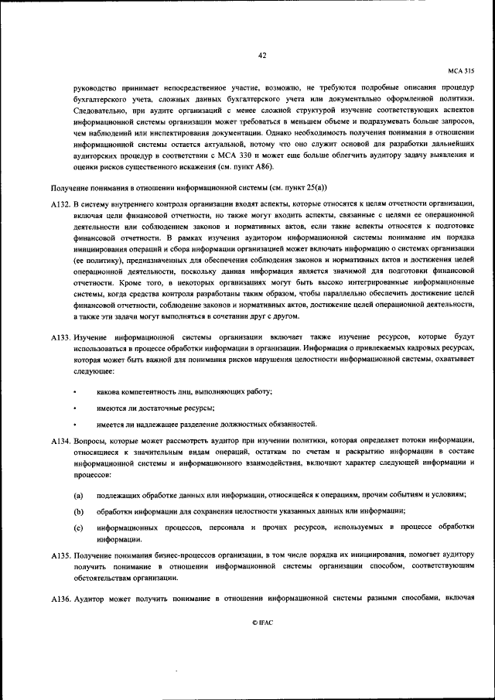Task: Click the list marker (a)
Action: tap(79, 493)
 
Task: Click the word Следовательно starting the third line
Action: tap(100, 111)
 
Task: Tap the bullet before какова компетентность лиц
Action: tap(76, 391)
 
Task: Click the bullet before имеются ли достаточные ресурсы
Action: tap(76, 408)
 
